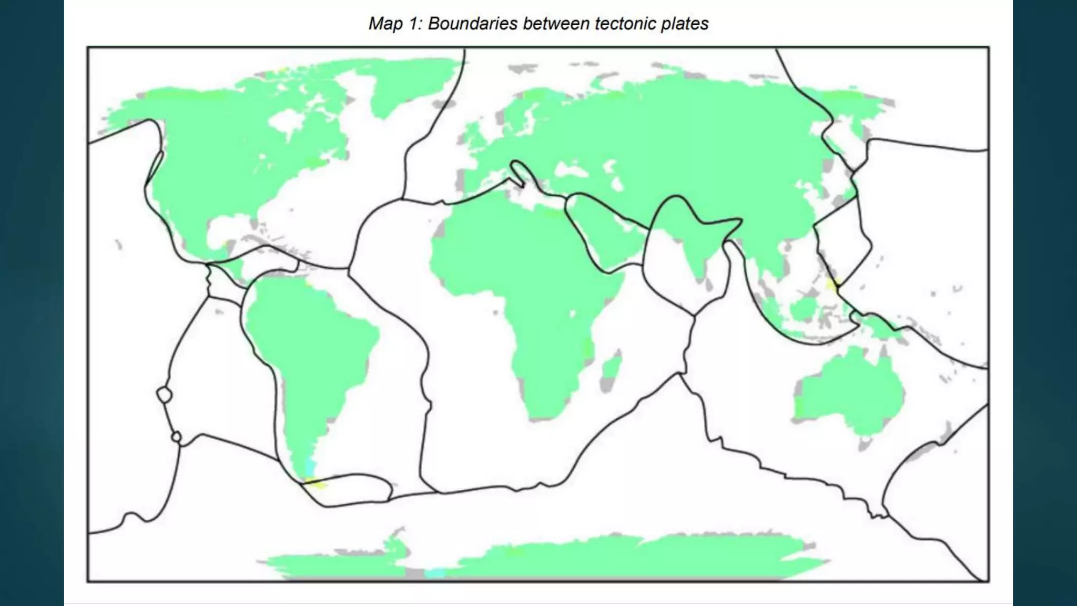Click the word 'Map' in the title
pos(385,24)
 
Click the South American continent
pos(305,342)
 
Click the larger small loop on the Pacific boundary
pos(165,395)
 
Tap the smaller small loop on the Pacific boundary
pos(177,437)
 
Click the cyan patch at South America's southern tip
pos(310,466)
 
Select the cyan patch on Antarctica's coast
pos(434,573)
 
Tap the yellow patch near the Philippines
pos(832,285)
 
